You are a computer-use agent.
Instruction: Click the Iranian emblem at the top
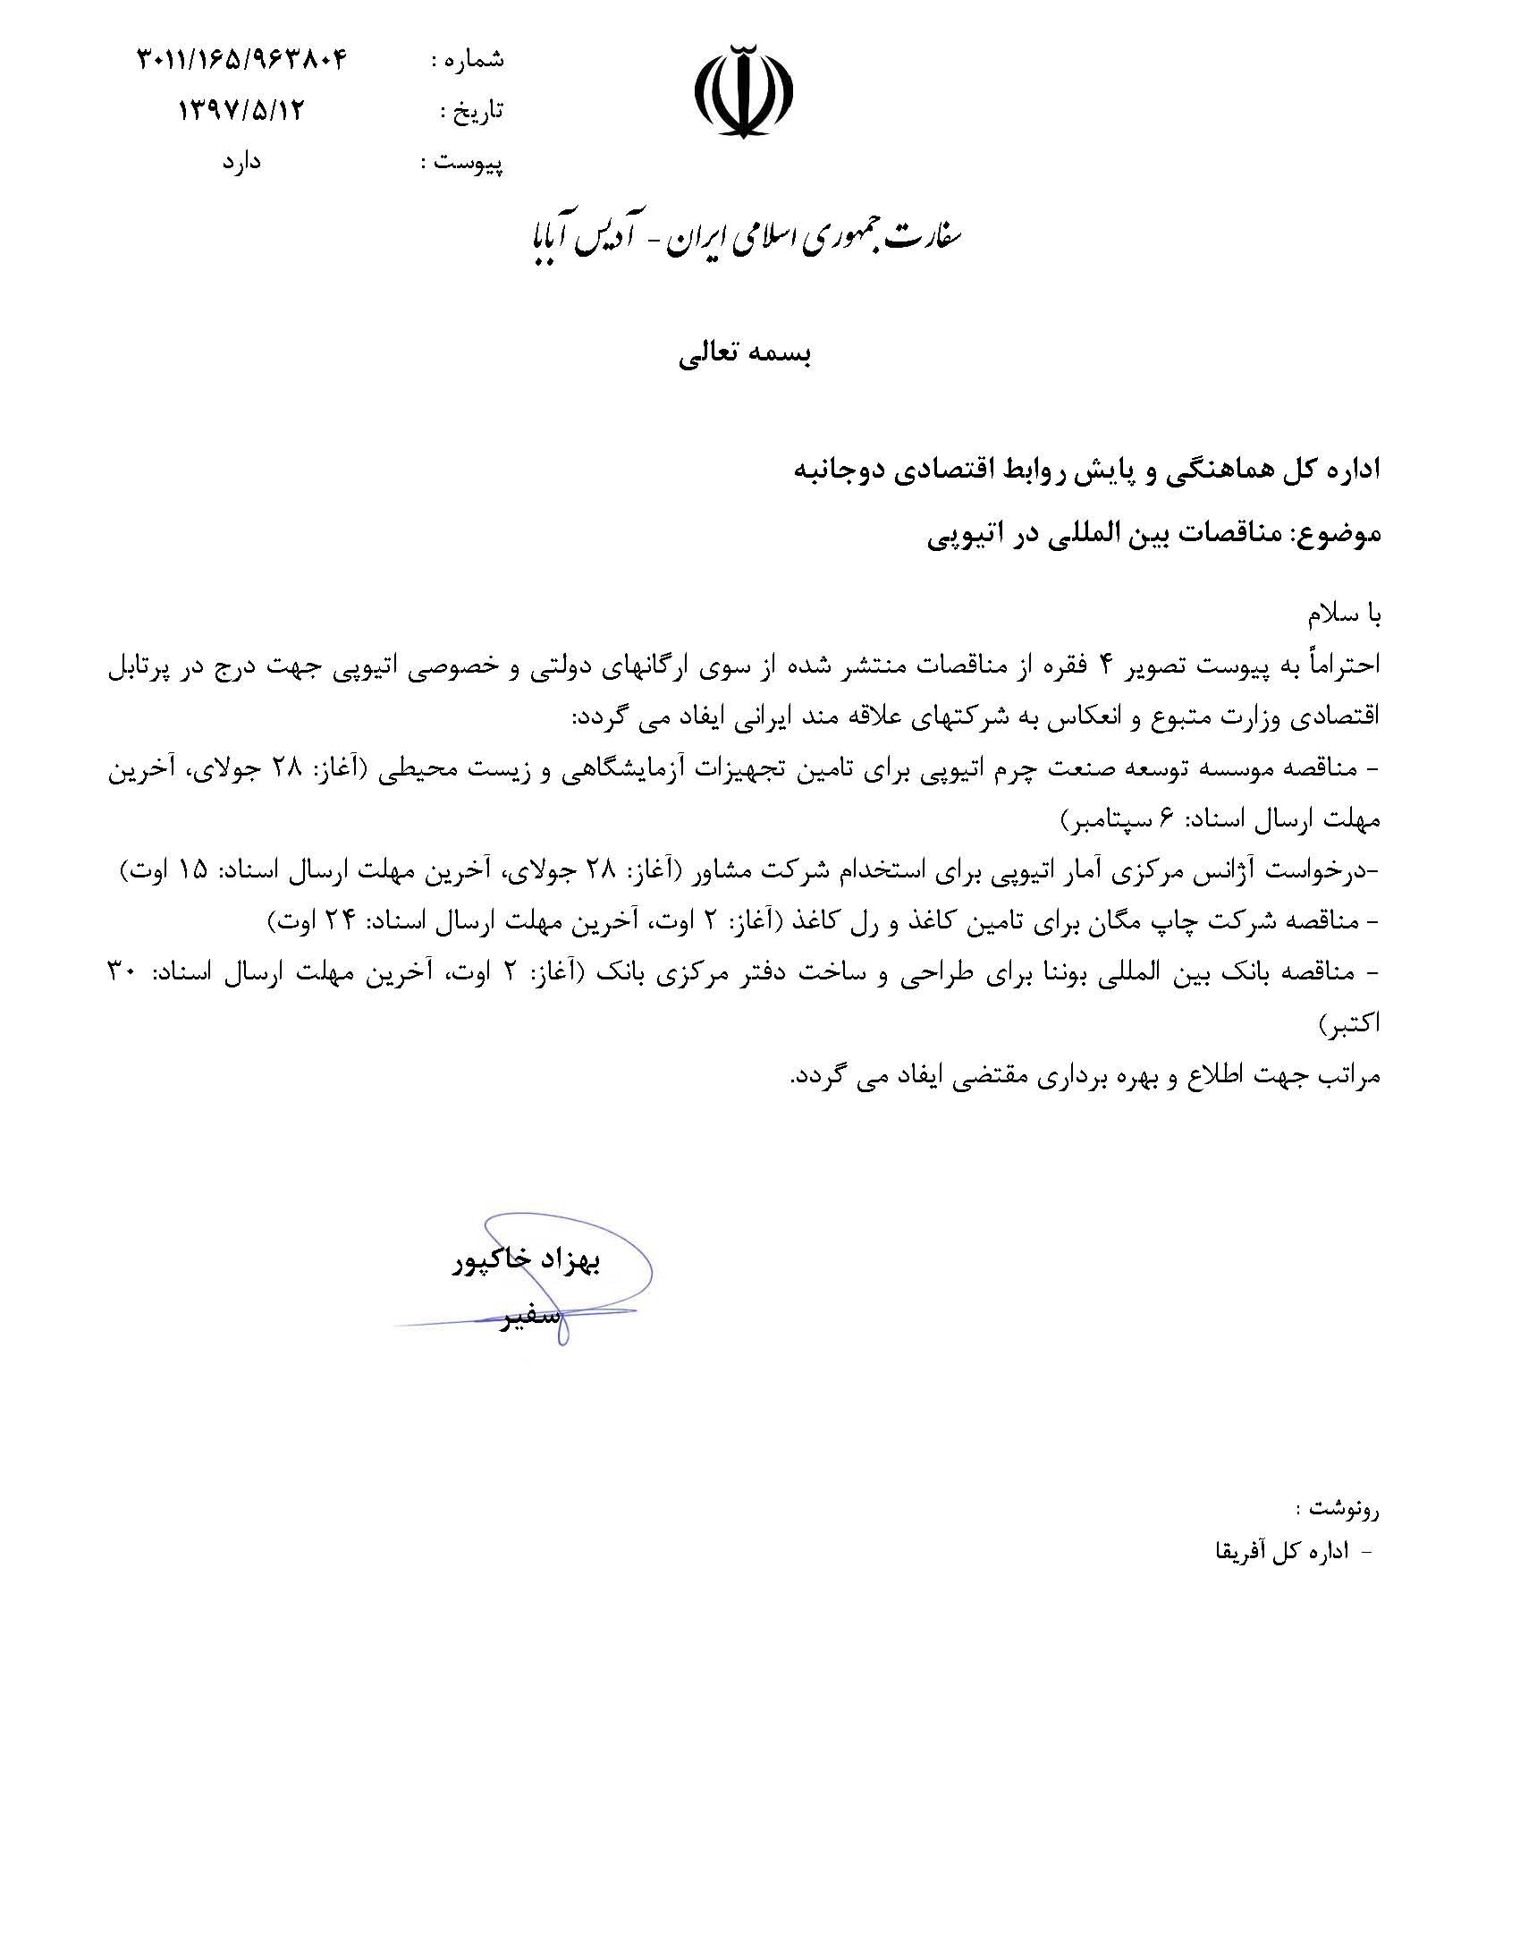744,90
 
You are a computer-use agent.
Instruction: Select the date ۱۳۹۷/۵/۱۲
243,110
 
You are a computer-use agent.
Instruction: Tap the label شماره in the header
477,60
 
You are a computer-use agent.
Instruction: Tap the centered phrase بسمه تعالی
744,355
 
